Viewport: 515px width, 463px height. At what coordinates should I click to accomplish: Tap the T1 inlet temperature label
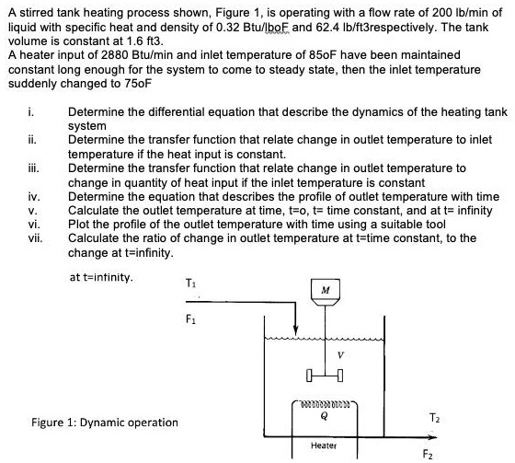pyautogui.click(x=190, y=281)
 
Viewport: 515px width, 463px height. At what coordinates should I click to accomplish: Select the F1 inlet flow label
pyautogui.click(x=190, y=318)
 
